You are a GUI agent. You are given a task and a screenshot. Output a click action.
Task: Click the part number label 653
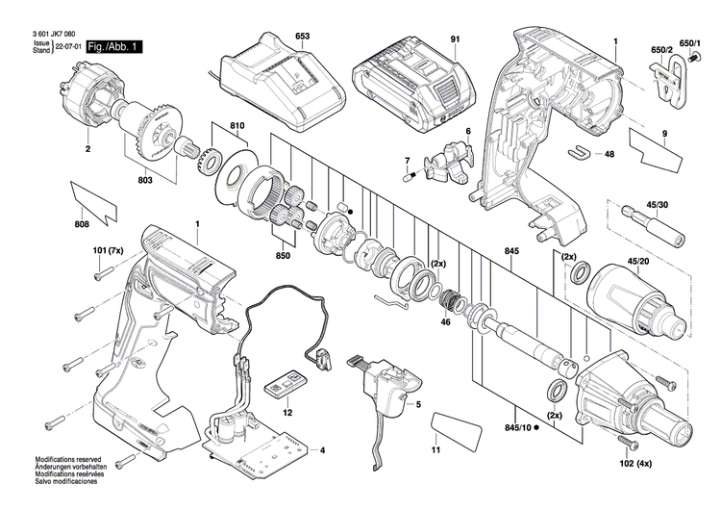[302, 37]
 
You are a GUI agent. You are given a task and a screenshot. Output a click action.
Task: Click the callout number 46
[444, 324]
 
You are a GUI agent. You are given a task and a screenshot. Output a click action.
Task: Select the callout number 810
[237, 127]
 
